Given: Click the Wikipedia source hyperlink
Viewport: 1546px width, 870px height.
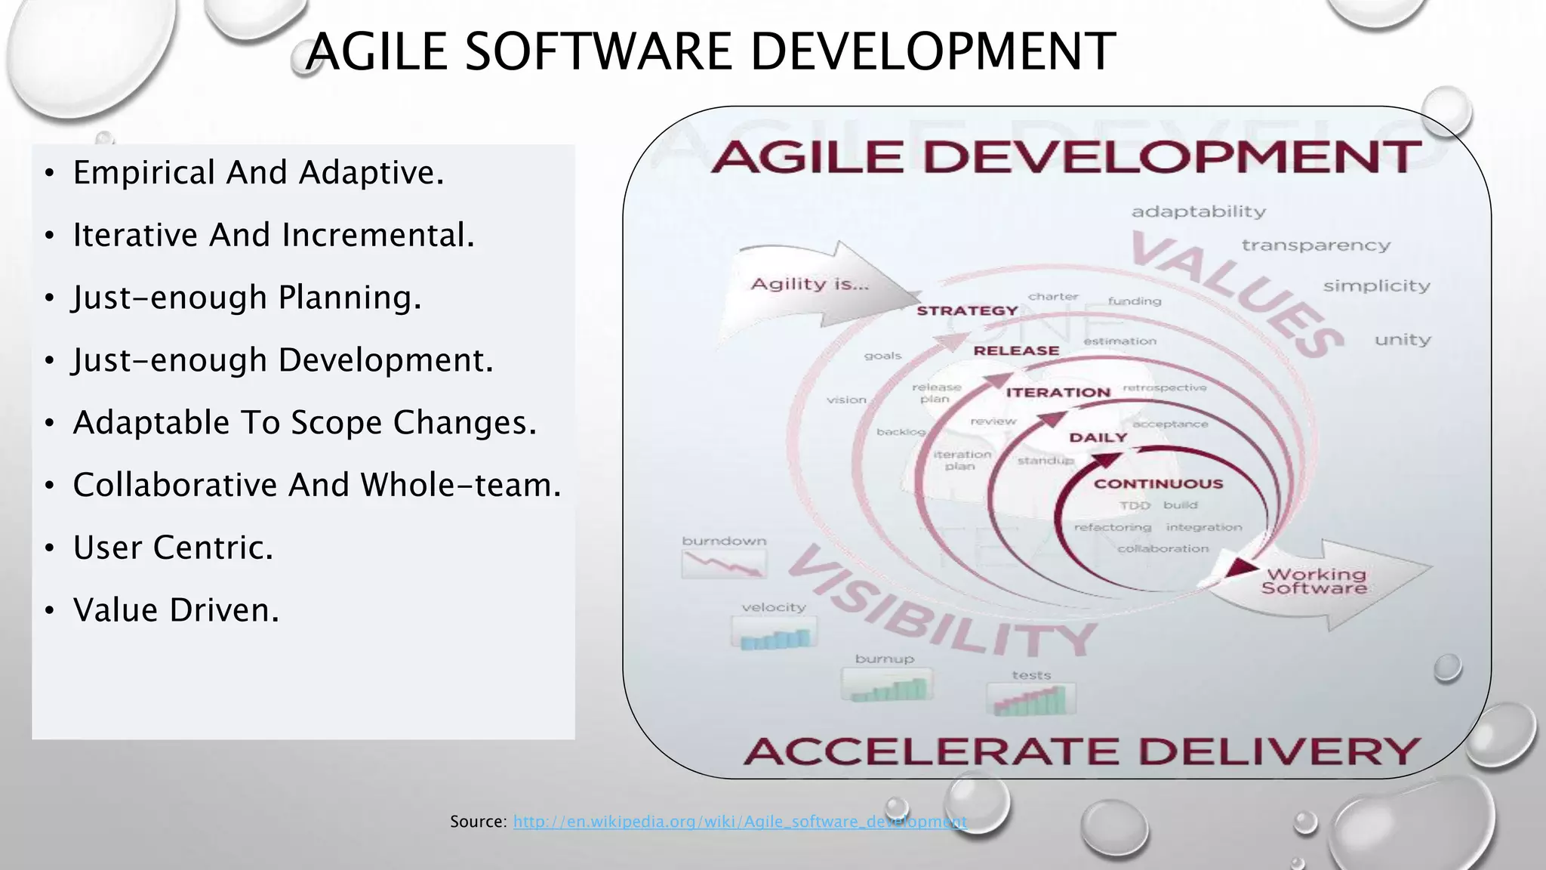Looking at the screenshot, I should tap(740, 822).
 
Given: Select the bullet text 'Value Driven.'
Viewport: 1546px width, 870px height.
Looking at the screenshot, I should tap(176, 610).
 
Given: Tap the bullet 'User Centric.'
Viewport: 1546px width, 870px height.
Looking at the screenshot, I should tap(173, 548).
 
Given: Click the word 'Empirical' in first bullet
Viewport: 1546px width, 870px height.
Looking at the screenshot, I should tap(143, 173).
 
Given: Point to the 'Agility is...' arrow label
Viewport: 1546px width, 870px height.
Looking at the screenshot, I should tap(809, 285).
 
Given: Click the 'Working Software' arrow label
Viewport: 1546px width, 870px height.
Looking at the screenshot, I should tap(1314, 582).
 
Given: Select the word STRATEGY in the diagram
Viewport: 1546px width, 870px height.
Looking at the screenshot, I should tap(967, 311).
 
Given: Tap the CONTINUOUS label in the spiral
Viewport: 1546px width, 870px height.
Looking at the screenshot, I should tap(1158, 484).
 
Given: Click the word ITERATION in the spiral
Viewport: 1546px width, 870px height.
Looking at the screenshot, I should tap(1058, 393).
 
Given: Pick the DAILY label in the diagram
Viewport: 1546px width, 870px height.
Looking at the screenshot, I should tap(1098, 438).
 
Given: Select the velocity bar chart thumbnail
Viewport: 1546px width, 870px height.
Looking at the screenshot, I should tap(774, 632).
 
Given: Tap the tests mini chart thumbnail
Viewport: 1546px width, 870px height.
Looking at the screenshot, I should tap(1030, 699).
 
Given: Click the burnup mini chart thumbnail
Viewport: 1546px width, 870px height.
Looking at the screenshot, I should tap(887, 685).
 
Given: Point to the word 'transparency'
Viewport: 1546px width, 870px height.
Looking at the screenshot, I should tap(1315, 245).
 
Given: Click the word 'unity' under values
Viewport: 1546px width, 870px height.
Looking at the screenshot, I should tap(1402, 340).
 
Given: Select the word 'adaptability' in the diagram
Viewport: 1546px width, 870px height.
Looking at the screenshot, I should tap(1198, 212).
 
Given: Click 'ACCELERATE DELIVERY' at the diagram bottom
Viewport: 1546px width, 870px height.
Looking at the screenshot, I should tap(1081, 751).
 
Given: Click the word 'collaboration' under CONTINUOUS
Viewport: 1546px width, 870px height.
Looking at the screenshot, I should tap(1163, 549).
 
